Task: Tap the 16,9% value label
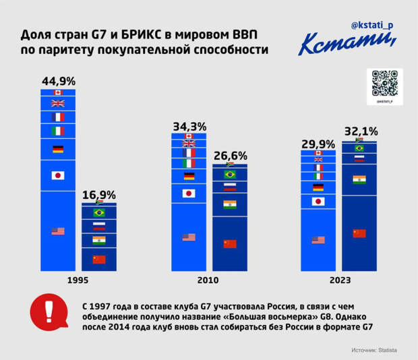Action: [x=98, y=195]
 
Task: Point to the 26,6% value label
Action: [x=230, y=156]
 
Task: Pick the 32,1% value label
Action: [x=361, y=131]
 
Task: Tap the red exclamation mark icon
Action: [x=47, y=311]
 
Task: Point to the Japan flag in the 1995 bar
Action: [x=57, y=175]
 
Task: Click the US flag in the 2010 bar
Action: [x=189, y=237]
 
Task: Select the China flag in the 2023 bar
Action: [x=359, y=233]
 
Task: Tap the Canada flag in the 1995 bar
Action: [x=57, y=92]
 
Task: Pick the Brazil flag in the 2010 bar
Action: [x=230, y=174]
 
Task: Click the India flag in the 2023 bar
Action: [x=359, y=179]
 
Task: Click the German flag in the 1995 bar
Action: [x=57, y=149]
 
